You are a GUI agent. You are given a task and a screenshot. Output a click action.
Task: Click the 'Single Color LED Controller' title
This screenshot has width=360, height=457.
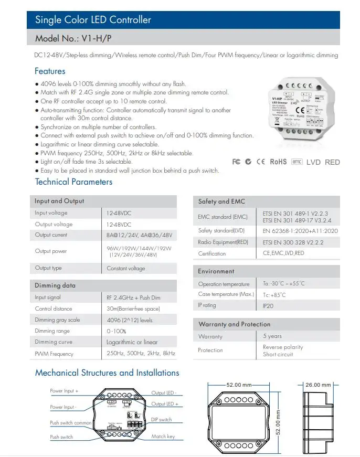[93, 20]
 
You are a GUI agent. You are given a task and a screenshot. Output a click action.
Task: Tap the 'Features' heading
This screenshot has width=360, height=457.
[50, 71]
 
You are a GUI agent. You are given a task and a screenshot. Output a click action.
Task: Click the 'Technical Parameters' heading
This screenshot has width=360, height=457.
[73, 182]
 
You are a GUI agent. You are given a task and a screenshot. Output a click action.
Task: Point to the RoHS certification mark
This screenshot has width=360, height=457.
[278, 162]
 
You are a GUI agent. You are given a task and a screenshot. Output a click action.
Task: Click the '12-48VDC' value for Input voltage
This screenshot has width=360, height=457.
[119, 213]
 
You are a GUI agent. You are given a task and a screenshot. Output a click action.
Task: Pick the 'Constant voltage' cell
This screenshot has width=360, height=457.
[124, 268]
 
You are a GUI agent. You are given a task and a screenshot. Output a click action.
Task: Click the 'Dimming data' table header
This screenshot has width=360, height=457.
[55, 285]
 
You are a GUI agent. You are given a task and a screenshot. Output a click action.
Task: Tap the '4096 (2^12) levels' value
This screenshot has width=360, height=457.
[130, 320]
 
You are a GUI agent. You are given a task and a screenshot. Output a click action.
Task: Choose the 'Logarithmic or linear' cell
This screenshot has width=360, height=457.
[132, 342]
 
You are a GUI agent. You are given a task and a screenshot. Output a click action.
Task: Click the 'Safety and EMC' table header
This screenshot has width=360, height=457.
[221, 201]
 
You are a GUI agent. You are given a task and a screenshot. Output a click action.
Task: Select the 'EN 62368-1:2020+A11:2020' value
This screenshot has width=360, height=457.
[300, 231]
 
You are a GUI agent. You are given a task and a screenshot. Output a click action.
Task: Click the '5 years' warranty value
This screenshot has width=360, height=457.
[272, 336]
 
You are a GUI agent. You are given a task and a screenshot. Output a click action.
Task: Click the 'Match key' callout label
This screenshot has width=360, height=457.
[163, 437]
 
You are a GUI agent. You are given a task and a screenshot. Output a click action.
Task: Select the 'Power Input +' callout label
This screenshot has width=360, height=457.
[64, 391]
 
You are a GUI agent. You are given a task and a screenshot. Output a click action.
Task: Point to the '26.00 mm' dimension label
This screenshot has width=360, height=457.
[318, 385]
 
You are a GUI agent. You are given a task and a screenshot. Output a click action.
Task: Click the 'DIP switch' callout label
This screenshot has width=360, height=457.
[162, 420]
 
